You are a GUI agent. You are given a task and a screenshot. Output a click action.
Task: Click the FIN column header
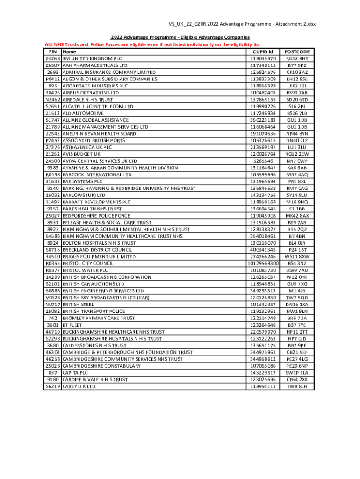(53, 51)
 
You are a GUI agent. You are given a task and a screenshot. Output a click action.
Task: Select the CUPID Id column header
(263, 51)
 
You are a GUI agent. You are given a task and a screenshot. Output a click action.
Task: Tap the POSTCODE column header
(297, 51)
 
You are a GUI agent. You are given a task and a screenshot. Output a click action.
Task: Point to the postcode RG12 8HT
(297, 58)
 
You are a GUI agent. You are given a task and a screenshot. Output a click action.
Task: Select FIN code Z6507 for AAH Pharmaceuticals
(53, 65)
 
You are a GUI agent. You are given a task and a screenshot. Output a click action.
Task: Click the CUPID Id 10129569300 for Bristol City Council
(263, 263)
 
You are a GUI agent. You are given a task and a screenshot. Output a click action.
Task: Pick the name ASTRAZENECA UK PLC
(87, 147)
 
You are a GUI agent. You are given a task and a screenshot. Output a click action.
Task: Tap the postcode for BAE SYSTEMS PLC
(297, 181)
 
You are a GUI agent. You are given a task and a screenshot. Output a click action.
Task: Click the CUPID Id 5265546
(263, 161)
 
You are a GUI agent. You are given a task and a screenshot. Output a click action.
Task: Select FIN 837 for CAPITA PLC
(53, 372)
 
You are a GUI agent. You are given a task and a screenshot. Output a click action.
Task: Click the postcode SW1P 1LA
(297, 372)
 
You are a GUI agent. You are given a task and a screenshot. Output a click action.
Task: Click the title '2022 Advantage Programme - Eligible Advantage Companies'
(180, 37)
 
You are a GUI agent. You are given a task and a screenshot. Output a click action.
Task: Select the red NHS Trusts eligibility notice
(152, 44)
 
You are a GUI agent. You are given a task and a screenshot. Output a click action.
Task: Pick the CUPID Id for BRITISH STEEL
(263, 304)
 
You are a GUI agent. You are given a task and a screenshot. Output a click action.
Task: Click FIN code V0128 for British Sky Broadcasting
(53, 298)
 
